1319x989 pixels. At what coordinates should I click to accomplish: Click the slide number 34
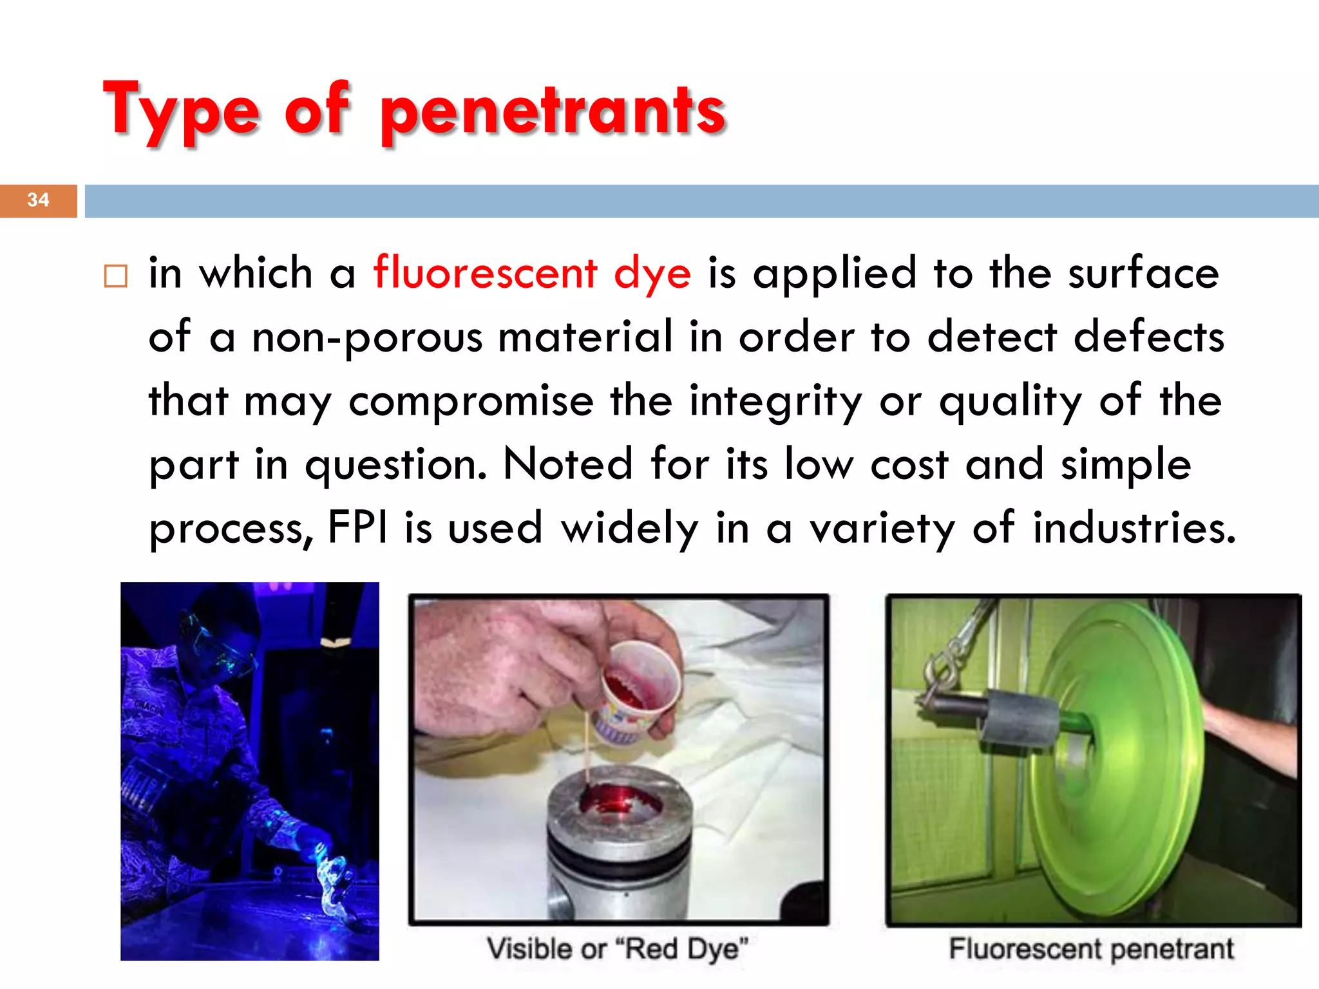pyautogui.click(x=38, y=200)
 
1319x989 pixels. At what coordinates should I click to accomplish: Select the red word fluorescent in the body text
pyautogui.click(x=486, y=272)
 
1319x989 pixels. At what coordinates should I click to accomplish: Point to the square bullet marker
pyautogui.click(x=116, y=276)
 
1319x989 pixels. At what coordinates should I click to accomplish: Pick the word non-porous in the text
pyautogui.click(x=367, y=337)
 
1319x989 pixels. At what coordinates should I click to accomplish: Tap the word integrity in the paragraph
pyautogui.click(x=775, y=401)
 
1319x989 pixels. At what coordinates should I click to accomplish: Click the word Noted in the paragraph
pyautogui.click(x=568, y=464)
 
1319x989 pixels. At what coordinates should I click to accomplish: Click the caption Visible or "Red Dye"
pyautogui.click(x=617, y=949)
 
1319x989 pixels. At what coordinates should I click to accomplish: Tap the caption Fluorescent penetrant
pyautogui.click(x=1091, y=949)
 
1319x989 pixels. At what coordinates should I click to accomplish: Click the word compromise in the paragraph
pyautogui.click(x=471, y=401)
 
